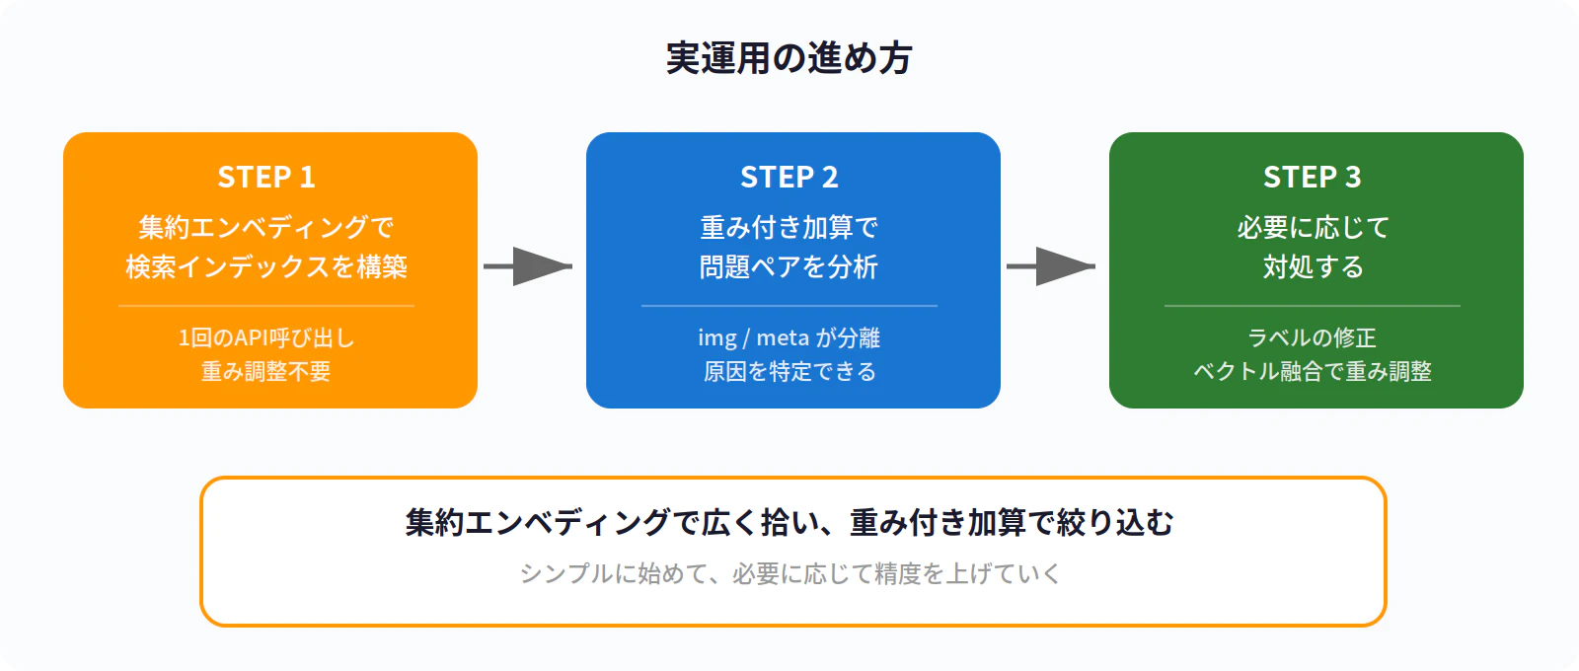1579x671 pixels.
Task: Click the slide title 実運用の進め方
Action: coord(789,58)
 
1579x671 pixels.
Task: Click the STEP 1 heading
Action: coord(266,178)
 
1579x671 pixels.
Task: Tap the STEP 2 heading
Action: coord(789,178)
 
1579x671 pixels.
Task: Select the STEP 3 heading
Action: coord(1313,178)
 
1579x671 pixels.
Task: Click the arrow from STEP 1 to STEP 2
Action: coord(529,266)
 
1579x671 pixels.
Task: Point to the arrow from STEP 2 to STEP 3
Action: coord(1052,266)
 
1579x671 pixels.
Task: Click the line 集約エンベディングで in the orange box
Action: coord(266,228)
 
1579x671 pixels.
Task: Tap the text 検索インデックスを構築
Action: coord(266,267)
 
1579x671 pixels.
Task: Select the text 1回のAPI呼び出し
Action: coord(266,338)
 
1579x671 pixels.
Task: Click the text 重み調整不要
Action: coord(266,372)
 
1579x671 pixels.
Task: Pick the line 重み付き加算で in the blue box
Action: coord(789,228)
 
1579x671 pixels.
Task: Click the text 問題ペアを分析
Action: coord(789,267)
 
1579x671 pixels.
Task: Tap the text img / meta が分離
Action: coord(789,338)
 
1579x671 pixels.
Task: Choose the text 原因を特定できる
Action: coord(789,372)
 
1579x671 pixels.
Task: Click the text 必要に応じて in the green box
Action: coord(1313,228)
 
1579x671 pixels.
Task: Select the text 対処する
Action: coord(1313,267)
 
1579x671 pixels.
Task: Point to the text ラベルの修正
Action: coord(1313,338)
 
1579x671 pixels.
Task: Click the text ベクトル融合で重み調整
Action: coord(1313,372)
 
